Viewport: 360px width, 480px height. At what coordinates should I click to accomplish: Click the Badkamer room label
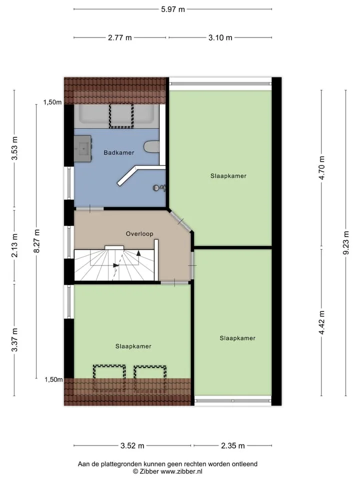[x=119, y=152]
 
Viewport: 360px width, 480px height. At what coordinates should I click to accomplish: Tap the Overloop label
[x=139, y=234]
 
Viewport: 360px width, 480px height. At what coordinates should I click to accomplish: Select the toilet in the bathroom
[x=151, y=146]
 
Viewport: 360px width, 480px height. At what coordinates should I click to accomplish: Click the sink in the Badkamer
[x=83, y=149]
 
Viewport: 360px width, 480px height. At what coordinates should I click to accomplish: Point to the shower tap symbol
[x=159, y=188]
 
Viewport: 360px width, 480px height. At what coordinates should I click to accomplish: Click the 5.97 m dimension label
[x=173, y=9]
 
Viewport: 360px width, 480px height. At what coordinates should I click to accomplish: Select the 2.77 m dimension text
[x=119, y=37]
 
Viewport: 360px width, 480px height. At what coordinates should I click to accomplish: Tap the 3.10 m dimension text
[x=220, y=37]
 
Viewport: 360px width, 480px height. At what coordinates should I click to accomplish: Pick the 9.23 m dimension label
[x=346, y=243]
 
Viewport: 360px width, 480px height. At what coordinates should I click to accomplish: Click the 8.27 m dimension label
[x=36, y=241]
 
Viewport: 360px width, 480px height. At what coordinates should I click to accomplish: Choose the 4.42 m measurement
[x=321, y=322]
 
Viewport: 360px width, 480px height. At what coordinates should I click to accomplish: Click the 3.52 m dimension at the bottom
[x=132, y=445]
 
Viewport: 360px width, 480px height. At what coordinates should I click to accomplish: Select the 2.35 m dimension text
[x=233, y=445]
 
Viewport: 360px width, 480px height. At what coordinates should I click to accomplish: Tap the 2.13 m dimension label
[x=14, y=245]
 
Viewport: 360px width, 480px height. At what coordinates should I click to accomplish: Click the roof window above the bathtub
[x=121, y=115]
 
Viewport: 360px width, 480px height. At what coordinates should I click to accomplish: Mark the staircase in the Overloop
[x=114, y=265]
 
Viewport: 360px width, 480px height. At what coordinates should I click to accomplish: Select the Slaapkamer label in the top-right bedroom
[x=228, y=176]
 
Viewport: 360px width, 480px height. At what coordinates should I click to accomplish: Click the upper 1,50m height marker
[x=52, y=102]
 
